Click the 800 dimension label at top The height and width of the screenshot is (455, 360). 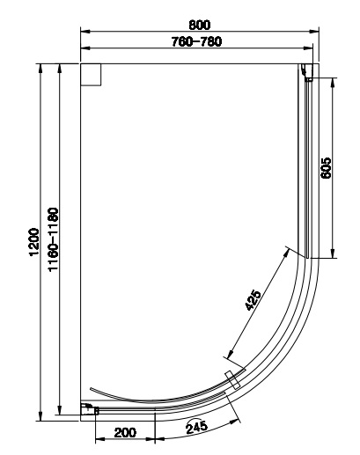click(200, 25)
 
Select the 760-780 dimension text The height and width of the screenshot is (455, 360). click(196, 41)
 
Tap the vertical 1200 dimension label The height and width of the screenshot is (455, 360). click(34, 242)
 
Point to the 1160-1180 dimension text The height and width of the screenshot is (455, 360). click(54, 239)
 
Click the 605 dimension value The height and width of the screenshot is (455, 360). click(326, 168)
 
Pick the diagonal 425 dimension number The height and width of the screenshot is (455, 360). click(253, 300)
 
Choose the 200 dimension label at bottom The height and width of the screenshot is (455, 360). click(125, 432)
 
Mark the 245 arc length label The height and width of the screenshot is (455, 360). click(196, 427)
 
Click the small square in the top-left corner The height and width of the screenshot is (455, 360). click(91, 75)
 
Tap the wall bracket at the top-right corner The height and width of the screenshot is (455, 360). click(307, 72)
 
